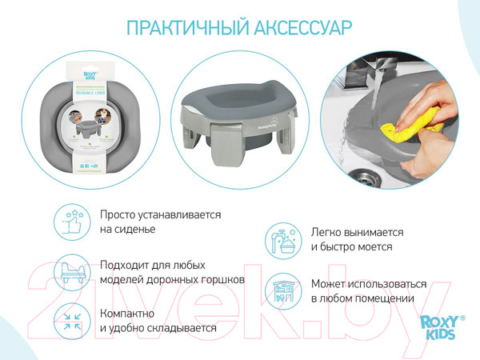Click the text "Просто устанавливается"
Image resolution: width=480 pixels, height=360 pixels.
coord(160,214)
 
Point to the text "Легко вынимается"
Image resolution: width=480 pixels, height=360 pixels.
coord(358,232)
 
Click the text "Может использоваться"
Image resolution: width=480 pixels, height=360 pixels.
coord(369,283)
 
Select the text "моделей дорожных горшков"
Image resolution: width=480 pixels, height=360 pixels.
coord(172,279)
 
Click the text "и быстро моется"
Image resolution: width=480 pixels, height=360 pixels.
coord(351,247)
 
